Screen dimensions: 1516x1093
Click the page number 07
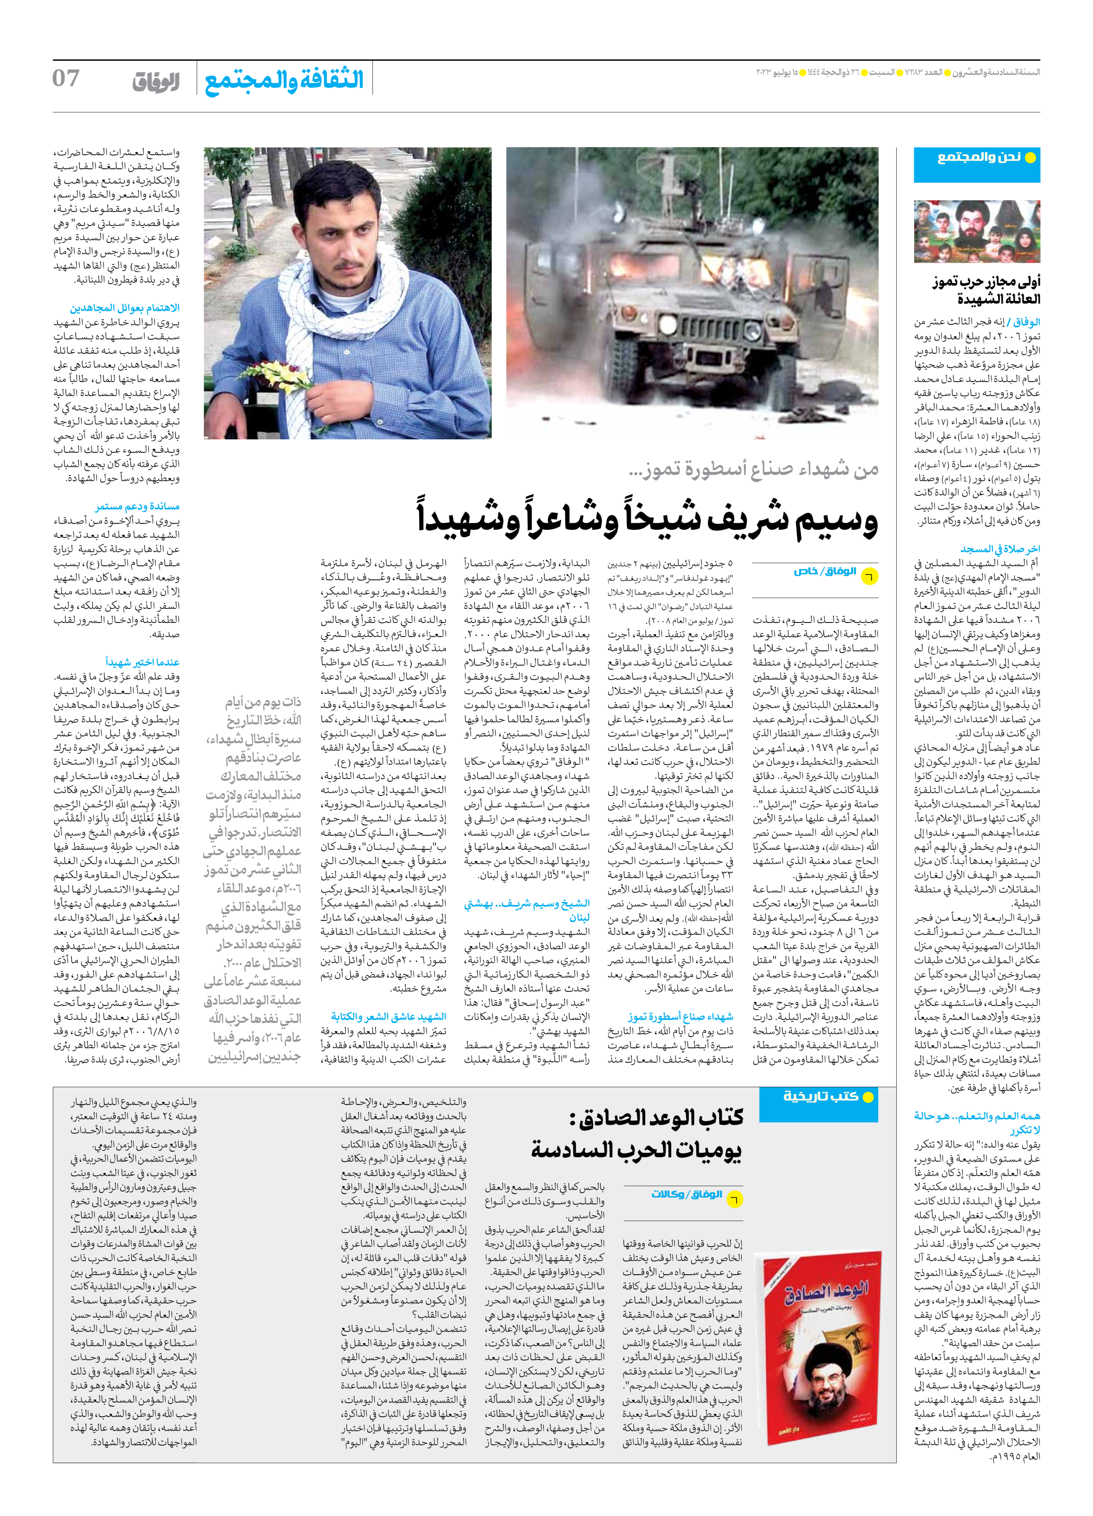click(x=66, y=78)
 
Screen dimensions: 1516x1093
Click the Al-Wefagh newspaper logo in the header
click(x=155, y=82)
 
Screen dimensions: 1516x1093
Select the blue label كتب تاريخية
click(x=821, y=1096)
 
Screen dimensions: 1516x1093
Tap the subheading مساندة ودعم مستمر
click(x=137, y=506)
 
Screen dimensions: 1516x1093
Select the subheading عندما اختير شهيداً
click(x=143, y=662)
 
